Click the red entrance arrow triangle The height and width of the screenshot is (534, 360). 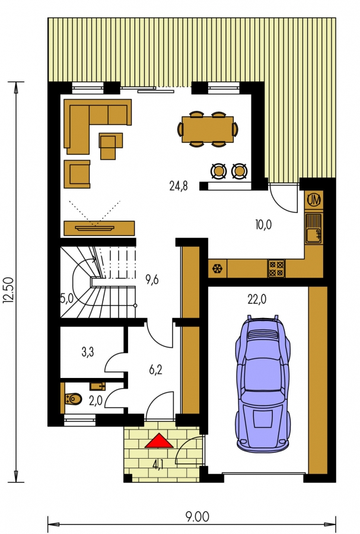click(x=159, y=441)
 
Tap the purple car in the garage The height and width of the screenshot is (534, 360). click(x=263, y=384)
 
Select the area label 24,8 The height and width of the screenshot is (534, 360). click(x=179, y=186)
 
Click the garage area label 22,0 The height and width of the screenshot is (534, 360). click(x=257, y=299)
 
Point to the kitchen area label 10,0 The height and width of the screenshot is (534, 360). click(x=263, y=225)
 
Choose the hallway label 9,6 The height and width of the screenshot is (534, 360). click(x=152, y=280)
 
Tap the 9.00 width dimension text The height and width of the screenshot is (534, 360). click(x=197, y=517)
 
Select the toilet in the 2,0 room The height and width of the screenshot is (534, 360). click(x=74, y=399)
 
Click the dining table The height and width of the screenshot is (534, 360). click(x=208, y=129)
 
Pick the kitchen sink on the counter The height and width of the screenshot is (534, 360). click(x=313, y=228)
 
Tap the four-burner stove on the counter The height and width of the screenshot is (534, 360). click(x=276, y=268)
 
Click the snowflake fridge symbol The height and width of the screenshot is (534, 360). click(x=217, y=269)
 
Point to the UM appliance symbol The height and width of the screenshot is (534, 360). click(x=314, y=200)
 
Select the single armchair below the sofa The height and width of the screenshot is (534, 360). click(x=77, y=174)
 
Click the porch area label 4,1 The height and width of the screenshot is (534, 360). click(x=157, y=465)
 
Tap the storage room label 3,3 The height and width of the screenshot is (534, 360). click(x=87, y=352)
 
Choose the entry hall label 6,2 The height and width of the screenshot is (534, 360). click(x=155, y=370)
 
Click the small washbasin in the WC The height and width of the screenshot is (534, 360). click(x=98, y=386)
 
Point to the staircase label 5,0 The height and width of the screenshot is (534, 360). click(x=66, y=298)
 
